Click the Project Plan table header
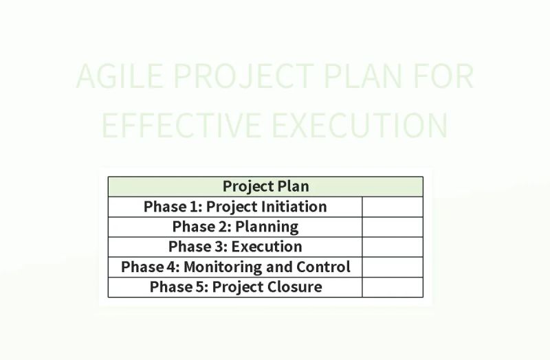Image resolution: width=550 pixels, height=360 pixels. tap(265, 186)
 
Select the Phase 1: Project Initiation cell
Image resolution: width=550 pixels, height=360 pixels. tap(235, 207)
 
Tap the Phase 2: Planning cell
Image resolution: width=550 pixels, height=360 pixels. tap(235, 227)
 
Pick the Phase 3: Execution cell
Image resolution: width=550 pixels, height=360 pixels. tap(235, 247)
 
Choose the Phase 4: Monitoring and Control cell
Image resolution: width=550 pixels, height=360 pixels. tap(235, 267)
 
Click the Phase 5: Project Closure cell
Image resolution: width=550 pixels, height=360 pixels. tap(235, 286)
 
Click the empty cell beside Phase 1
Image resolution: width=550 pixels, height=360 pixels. tap(392, 207)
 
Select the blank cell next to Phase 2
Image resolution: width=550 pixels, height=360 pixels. tap(392, 227)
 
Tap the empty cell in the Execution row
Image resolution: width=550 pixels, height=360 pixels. tap(392, 247)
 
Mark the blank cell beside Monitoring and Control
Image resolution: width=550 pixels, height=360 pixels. tap(392, 267)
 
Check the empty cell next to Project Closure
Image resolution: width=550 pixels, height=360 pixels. tap(392, 286)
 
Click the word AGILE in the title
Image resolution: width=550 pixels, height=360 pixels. tap(117, 77)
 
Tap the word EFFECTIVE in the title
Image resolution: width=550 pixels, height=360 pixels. tap(181, 125)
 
